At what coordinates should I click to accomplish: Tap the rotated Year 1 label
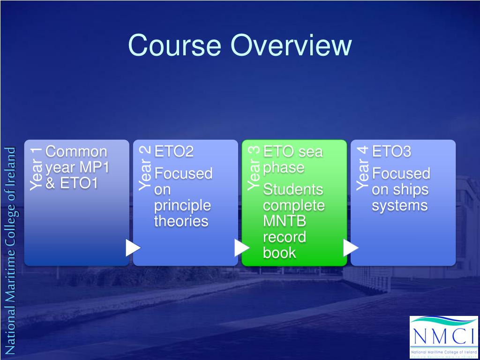tap(36, 168)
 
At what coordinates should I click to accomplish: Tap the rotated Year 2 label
tap(145, 168)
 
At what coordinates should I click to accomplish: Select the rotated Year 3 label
tap(254, 168)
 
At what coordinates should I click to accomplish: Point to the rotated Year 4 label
tap(362, 168)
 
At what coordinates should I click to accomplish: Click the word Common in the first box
tap(76, 152)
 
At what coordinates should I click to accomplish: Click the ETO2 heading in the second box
tap(174, 152)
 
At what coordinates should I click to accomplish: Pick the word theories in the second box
tap(181, 221)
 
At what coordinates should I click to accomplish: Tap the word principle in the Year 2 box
tap(182, 205)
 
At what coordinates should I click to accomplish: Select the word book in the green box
tap(279, 253)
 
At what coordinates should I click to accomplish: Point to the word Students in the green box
tap(293, 190)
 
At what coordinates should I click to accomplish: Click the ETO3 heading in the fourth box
tap(391, 152)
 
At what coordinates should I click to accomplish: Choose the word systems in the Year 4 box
tap(399, 205)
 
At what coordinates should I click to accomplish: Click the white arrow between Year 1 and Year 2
tap(133, 247)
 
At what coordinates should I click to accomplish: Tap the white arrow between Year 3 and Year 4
tap(350, 247)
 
